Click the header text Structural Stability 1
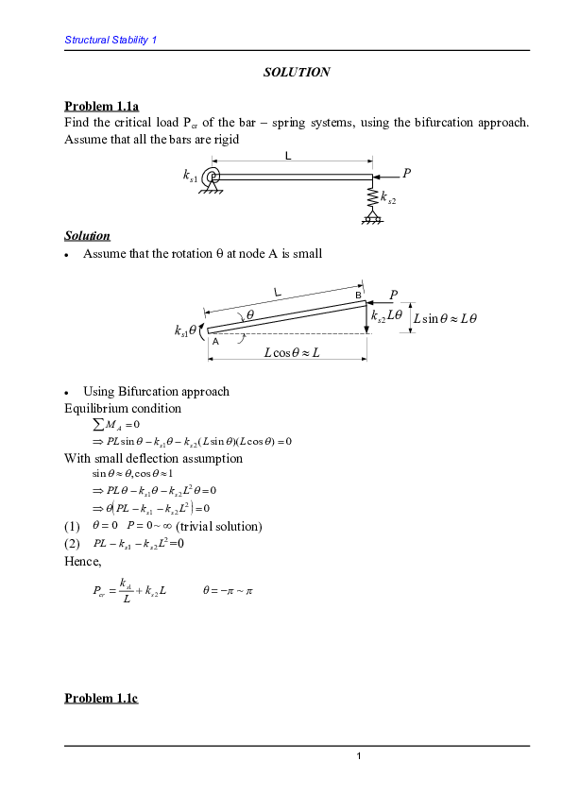pos(111,40)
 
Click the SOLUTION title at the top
pos(297,72)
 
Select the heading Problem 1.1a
pos(102,105)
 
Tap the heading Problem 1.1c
pos(102,698)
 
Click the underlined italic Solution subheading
pos(87,235)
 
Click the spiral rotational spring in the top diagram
pos(213,177)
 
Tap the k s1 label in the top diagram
pos(191,176)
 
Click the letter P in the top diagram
pos(407,173)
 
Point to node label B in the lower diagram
pos(359,296)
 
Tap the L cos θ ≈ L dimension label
pos(292,352)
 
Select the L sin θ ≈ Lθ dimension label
pos(446,318)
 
